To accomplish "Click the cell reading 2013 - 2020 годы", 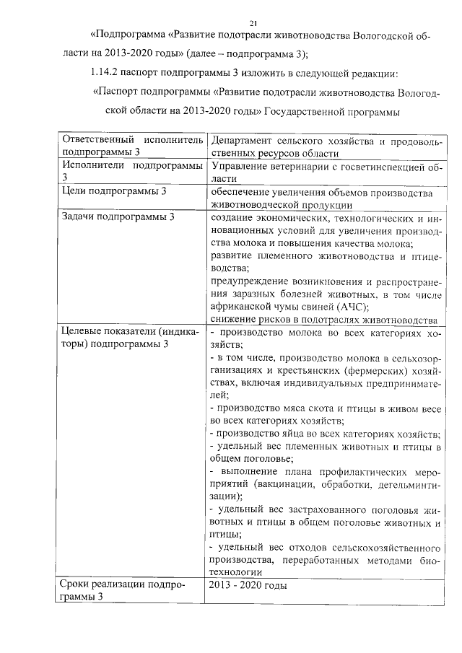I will (248, 585).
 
